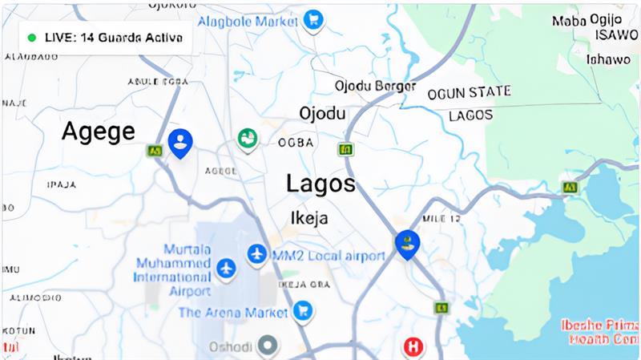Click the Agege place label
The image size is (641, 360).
(x=99, y=131)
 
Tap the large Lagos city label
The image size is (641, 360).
(x=320, y=184)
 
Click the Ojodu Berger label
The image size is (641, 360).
(x=375, y=85)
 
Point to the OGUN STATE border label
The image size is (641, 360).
(x=469, y=93)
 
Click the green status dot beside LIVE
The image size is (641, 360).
(x=32, y=38)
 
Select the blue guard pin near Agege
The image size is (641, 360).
(x=180, y=142)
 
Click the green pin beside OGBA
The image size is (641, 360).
(x=248, y=140)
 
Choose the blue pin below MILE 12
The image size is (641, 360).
(x=407, y=243)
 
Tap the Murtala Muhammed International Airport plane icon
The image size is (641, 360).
(x=227, y=266)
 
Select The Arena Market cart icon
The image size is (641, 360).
(x=302, y=309)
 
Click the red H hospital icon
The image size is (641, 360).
(x=413, y=347)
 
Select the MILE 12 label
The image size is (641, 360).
(x=441, y=217)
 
